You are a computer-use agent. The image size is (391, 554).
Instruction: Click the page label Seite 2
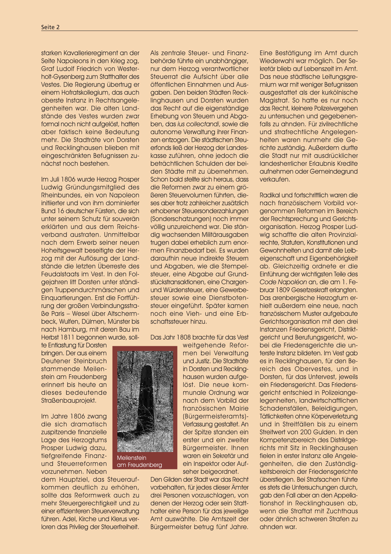click(x=50, y=27)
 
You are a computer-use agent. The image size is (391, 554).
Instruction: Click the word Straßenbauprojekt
click(x=69, y=400)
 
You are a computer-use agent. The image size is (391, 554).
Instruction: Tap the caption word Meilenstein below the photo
click(x=131, y=458)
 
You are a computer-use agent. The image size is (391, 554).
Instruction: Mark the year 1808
click(x=184, y=337)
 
